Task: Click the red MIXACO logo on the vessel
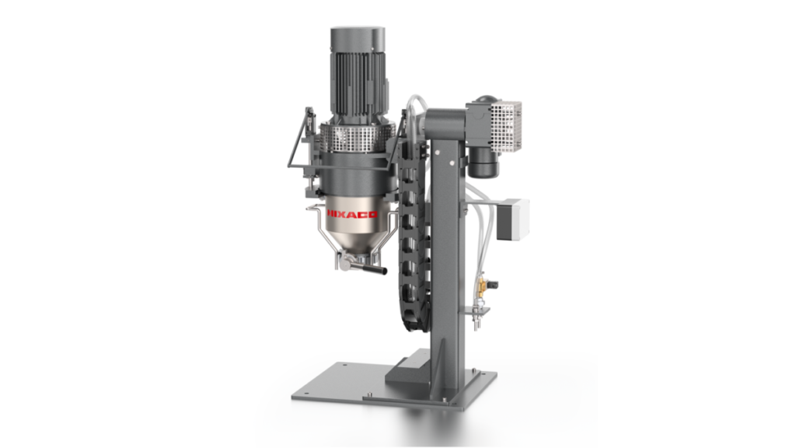[351, 212]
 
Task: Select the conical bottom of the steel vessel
[348, 241]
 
